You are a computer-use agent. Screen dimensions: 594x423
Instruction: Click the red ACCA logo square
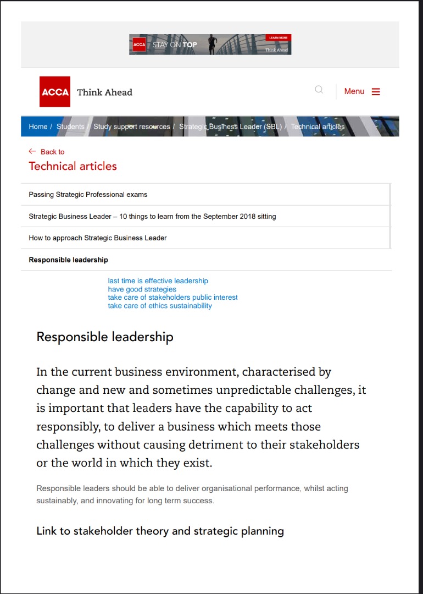pos(55,92)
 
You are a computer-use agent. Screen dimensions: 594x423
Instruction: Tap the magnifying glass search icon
pos(319,90)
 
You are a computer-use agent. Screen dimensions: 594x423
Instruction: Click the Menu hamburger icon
pos(376,92)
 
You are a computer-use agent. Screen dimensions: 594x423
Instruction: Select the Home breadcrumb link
pos(38,127)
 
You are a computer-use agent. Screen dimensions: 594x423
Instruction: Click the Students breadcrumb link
pos(70,127)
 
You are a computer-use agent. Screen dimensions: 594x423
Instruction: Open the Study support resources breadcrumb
pos(131,127)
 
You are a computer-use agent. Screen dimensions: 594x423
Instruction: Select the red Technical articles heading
pos(73,166)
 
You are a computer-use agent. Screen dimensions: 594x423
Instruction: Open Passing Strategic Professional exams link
pos(88,195)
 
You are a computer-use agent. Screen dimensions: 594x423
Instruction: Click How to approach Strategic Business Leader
pos(98,238)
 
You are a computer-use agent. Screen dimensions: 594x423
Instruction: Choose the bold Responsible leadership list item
pos(68,260)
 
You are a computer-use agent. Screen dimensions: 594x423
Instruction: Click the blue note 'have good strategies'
pos(142,289)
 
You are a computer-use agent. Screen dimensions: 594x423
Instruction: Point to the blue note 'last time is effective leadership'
pos(158,281)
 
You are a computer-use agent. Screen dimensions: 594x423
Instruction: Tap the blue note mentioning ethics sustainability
pos(159,306)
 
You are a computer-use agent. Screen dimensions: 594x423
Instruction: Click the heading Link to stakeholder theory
pos(160,531)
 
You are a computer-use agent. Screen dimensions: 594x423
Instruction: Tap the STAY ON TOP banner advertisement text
pos(175,45)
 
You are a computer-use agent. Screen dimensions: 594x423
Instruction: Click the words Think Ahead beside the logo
pos(104,92)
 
